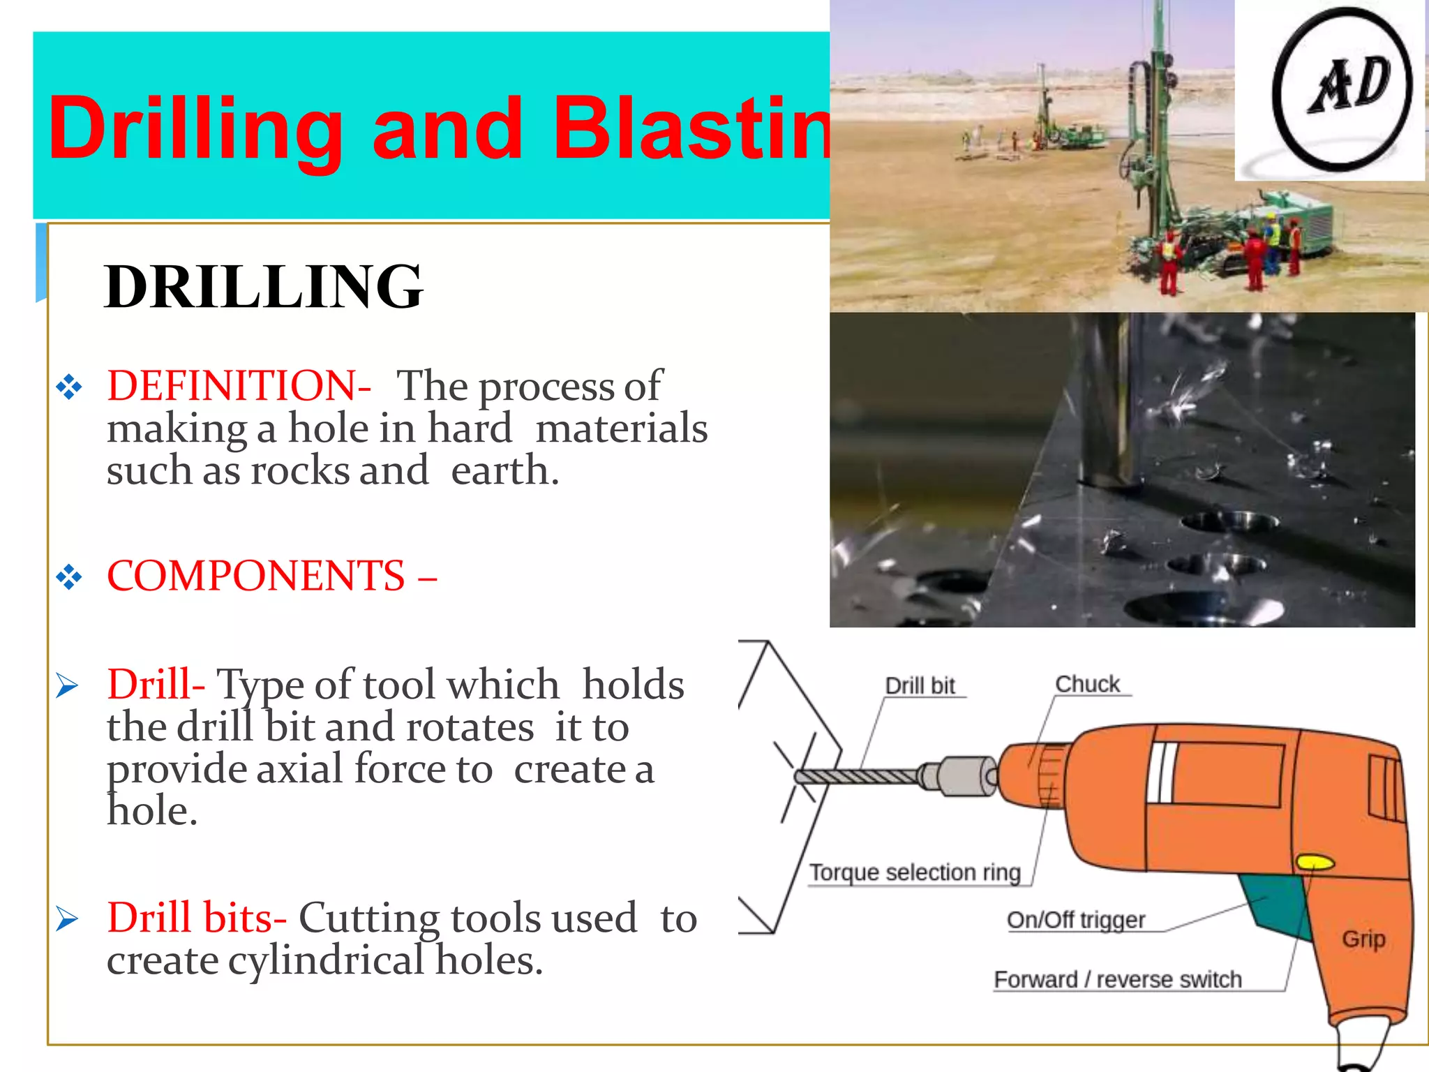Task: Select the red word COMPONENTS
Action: tap(255, 576)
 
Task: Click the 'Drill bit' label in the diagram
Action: tap(920, 685)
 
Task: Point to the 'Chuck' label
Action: tap(1087, 684)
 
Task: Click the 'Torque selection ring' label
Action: tap(915, 872)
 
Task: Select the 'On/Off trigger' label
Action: tap(1075, 920)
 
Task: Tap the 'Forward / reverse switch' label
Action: tap(1117, 979)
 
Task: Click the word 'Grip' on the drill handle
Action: tap(1363, 939)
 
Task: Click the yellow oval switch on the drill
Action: tap(1315, 863)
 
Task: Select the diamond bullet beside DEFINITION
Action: tap(69, 387)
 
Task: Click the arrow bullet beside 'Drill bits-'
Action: tap(68, 919)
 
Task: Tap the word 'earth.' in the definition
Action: tap(504, 470)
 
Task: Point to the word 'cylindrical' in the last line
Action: tap(326, 961)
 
